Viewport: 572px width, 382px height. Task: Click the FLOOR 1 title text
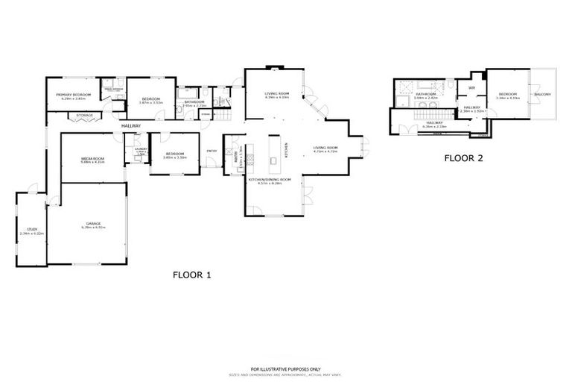192,275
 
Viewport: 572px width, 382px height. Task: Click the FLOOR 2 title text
463,158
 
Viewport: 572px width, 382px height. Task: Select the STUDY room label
32,230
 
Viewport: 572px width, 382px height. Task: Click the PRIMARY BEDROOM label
74,95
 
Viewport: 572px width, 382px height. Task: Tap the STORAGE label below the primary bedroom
74,116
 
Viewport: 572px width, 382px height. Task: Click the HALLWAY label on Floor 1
131,126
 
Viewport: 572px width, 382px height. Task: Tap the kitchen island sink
273,159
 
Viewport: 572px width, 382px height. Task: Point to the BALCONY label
542,95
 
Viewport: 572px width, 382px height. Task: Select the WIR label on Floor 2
471,88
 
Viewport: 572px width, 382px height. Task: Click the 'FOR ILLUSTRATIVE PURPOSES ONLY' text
285,367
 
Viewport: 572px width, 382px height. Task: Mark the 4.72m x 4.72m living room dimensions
325,152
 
